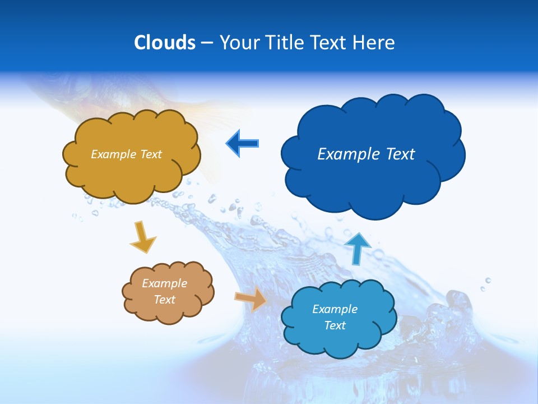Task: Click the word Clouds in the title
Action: pyautogui.click(x=165, y=43)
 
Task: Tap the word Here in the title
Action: pyautogui.click(x=374, y=43)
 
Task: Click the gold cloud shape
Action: pyautogui.click(x=132, y=168)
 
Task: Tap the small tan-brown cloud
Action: pyautogui.click(x=168, y=312)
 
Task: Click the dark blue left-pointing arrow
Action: pyautogui.click(x=242, y=144)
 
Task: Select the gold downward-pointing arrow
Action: pyautogui.click(x=142, y=236)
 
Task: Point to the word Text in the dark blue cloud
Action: pyautogui.click(x=399, y=154)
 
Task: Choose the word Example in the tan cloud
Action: pyautogui.click(x=164, y=283)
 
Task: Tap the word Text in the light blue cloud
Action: pyautogui.click(x=335, y=325)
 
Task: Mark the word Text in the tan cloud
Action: pyautogui.click(x=164, y=300)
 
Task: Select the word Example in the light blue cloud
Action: pyautogui.click(x=335, y=309)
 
